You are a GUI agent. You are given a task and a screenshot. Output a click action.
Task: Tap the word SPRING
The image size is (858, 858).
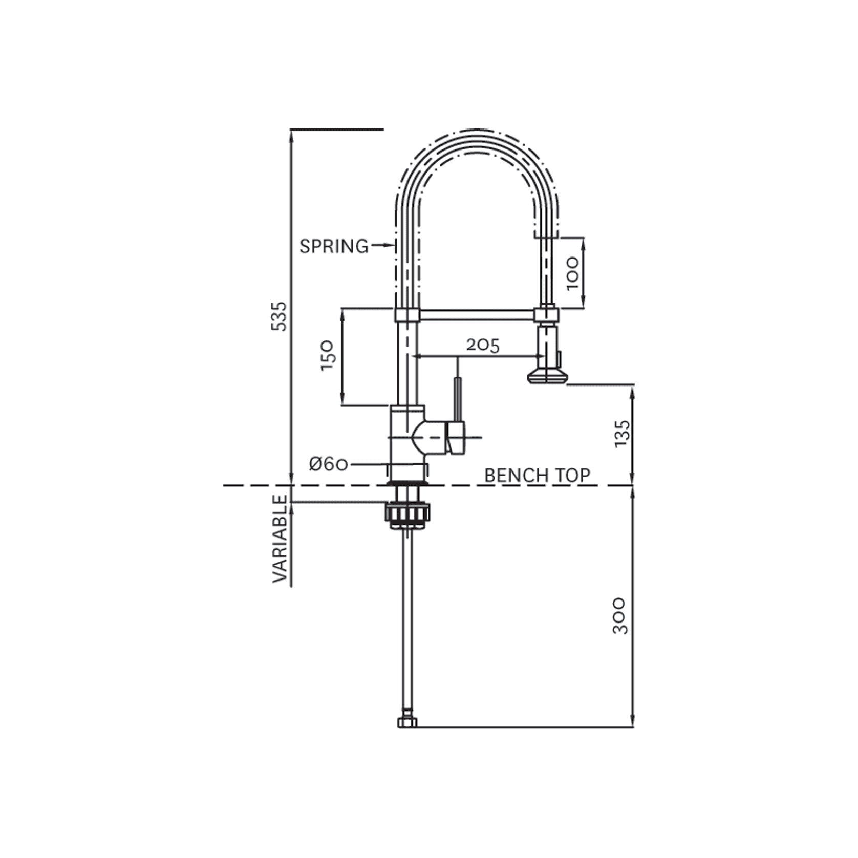334,246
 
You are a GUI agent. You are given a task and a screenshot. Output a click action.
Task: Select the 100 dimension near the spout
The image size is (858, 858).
573,273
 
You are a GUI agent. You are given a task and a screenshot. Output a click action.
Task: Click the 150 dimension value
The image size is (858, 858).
328,355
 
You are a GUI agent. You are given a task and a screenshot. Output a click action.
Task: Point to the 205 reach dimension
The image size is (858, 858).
483,346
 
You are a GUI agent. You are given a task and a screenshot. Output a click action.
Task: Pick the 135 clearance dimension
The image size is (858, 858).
621,434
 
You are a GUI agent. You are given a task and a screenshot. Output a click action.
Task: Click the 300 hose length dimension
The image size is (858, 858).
620,615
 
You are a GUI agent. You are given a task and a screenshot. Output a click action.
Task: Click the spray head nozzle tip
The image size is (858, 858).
547,377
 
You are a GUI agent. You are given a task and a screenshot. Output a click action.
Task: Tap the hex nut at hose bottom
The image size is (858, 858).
407,722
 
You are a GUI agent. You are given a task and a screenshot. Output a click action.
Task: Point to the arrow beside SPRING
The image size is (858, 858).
381,246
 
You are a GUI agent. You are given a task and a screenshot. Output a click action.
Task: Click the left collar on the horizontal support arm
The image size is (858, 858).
407,314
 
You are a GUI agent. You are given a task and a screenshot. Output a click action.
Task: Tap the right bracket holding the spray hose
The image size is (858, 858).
546,313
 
